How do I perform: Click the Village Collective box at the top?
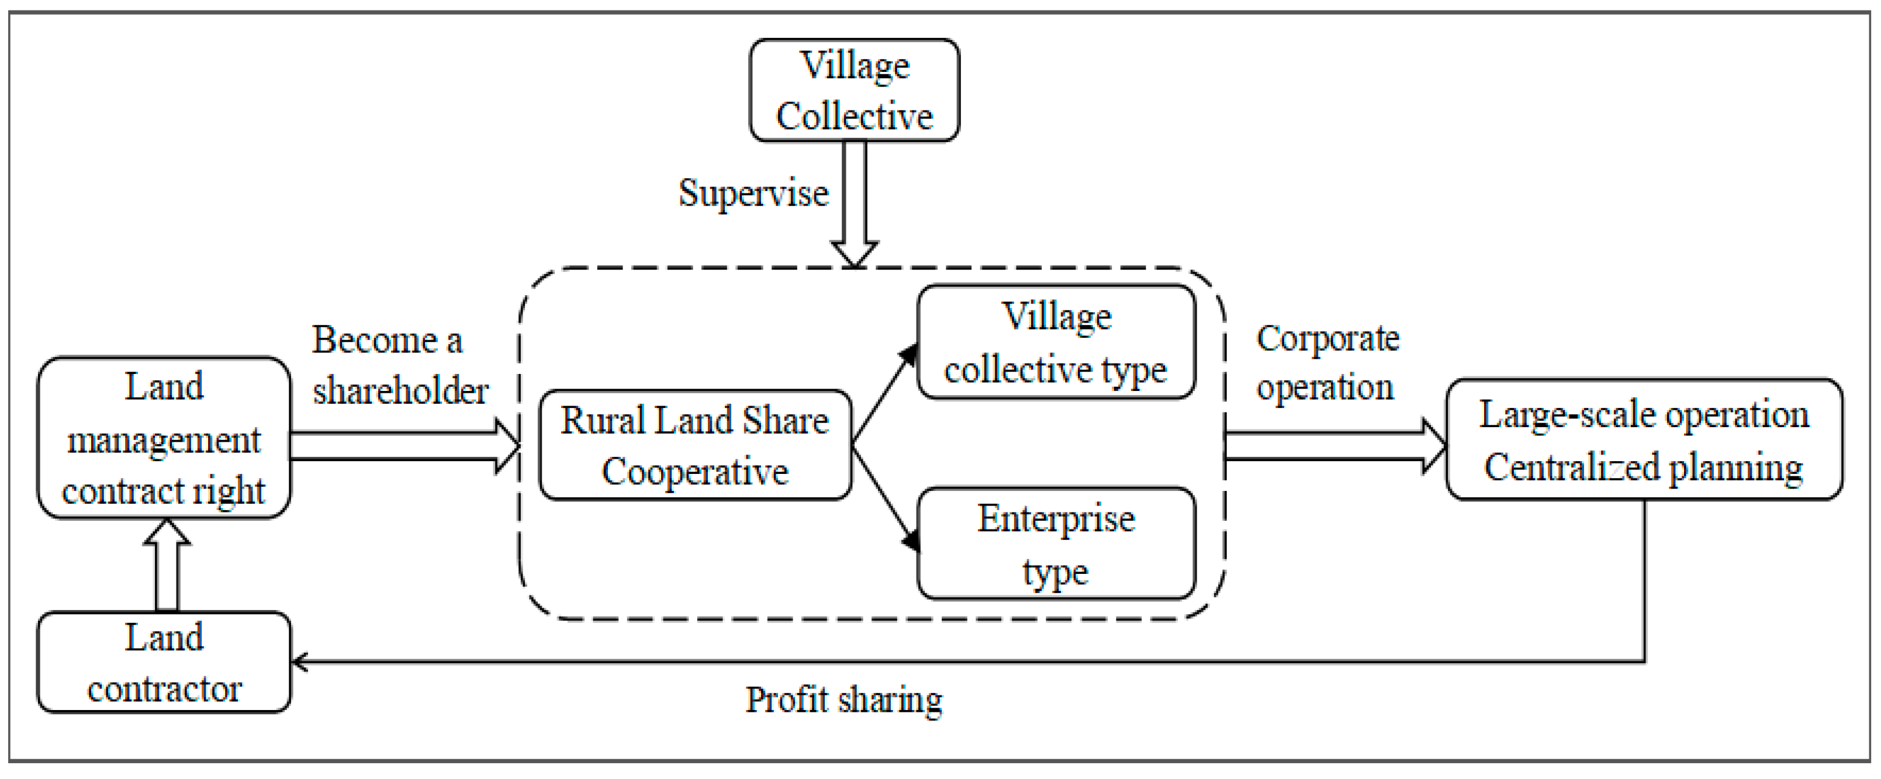coord(855,90)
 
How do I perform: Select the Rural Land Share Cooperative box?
coord(695,445)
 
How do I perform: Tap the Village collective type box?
coord(1056,342)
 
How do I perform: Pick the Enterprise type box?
coord(1056,544)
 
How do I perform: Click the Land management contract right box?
coord(164,438)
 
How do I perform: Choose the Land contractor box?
coord(164,662)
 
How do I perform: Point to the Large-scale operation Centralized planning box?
coord(1644,439)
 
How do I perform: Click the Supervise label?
coord(753,193)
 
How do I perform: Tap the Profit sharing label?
coord(843,700)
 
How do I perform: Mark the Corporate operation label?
coord(1327,362)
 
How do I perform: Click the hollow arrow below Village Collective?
coord(855,205)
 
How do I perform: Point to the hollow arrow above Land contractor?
coord(167,565)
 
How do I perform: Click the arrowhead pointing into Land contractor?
coord(299,662)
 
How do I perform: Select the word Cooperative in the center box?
coord(695,472)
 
